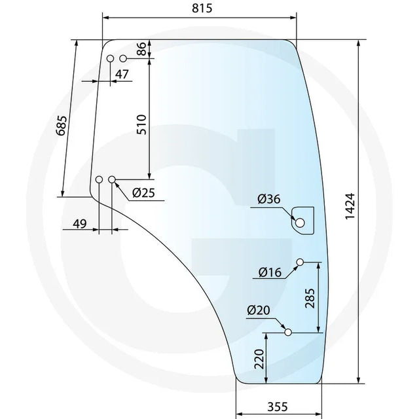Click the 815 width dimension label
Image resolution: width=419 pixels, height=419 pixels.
point(202,8)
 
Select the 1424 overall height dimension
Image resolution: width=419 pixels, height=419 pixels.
point(350,206)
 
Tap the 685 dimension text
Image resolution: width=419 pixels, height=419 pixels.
point(62,126)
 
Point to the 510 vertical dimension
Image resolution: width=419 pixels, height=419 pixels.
point(141,124)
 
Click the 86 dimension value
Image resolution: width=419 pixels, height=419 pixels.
point(142,48)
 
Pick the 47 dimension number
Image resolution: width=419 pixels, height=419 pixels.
point(122,74)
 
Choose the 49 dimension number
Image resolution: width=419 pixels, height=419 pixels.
point(80,224)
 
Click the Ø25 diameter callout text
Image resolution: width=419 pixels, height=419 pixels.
point(143,192)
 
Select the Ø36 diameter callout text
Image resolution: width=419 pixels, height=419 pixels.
point(269,199)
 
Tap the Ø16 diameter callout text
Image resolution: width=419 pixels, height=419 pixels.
point(270,272)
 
